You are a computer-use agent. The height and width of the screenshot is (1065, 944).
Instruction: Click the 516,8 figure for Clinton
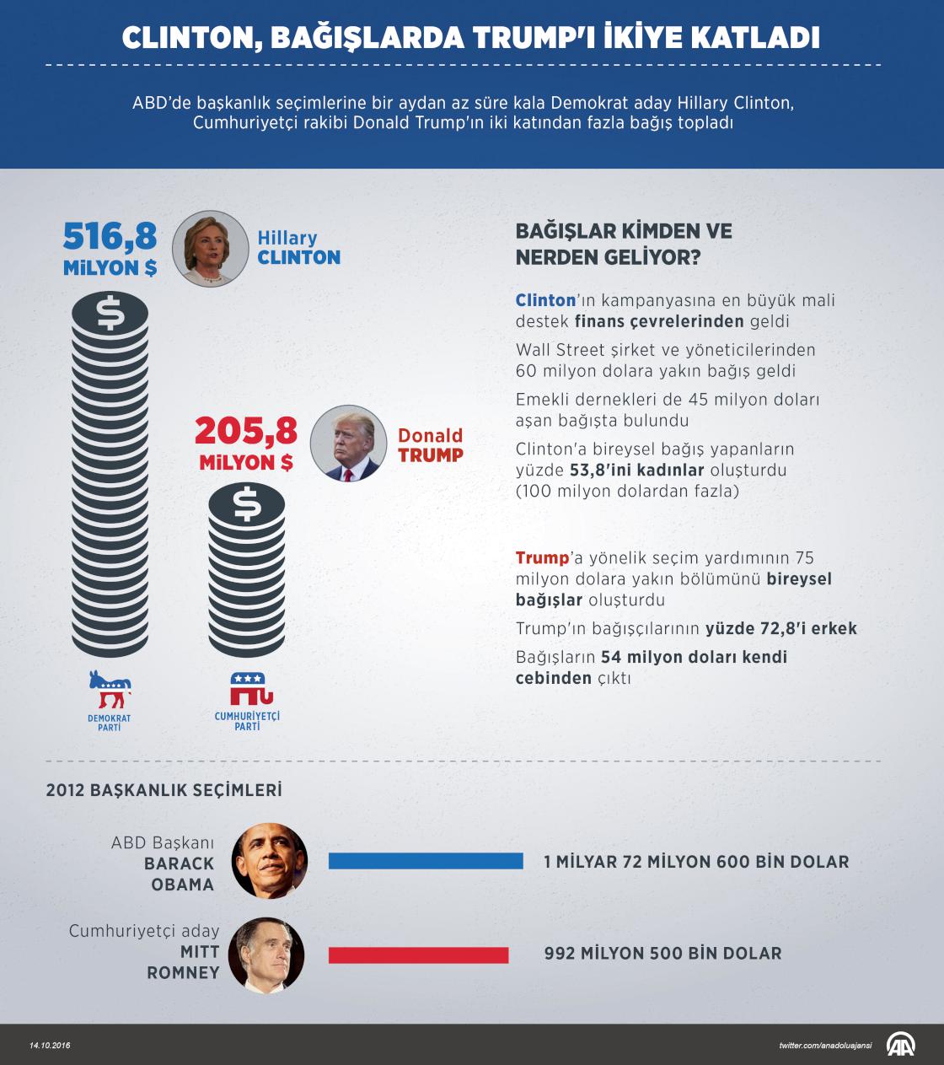click(110, 237)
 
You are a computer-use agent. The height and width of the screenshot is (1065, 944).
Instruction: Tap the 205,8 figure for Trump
click(246, 432)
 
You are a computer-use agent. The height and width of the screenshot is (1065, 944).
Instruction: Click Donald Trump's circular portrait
click(348, 444)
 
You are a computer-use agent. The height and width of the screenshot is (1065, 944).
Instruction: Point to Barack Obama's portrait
click(269, 861)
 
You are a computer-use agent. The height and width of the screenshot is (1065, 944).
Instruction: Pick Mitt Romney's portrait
click(266, 955)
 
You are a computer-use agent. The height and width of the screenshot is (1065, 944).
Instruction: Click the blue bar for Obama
click(426, 861)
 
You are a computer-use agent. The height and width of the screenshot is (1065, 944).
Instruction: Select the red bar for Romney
click(418, 955)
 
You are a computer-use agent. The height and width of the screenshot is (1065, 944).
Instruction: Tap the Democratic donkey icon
click(110, 690)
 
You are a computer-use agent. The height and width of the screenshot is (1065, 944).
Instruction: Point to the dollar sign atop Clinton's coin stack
click(110, 313)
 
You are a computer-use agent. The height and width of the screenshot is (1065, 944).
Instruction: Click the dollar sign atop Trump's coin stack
click(247, 504)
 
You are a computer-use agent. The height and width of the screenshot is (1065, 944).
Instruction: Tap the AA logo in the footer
click(900, 1044)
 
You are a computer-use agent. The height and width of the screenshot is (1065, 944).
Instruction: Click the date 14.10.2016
click(50, 1046)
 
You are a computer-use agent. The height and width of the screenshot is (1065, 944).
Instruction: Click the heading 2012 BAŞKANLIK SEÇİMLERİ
click(164, 790)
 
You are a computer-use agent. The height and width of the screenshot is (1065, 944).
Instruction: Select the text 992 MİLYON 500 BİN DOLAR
click(662, 954)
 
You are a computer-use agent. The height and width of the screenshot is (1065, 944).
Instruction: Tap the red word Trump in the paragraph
click(542, 558)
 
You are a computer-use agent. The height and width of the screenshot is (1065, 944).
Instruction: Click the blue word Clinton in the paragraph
click(545, 300)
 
